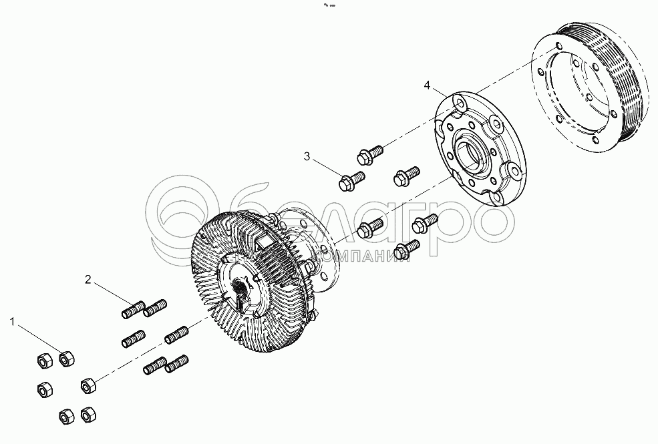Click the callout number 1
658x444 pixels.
[x=12, y=322]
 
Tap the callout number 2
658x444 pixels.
[x=88, y=279]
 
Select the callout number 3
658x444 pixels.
[x=307, y=156]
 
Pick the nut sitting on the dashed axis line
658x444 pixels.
[x=88, y=385]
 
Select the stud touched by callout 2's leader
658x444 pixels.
[x=132, y=310]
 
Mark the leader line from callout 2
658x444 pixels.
[x=110, y=294]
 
